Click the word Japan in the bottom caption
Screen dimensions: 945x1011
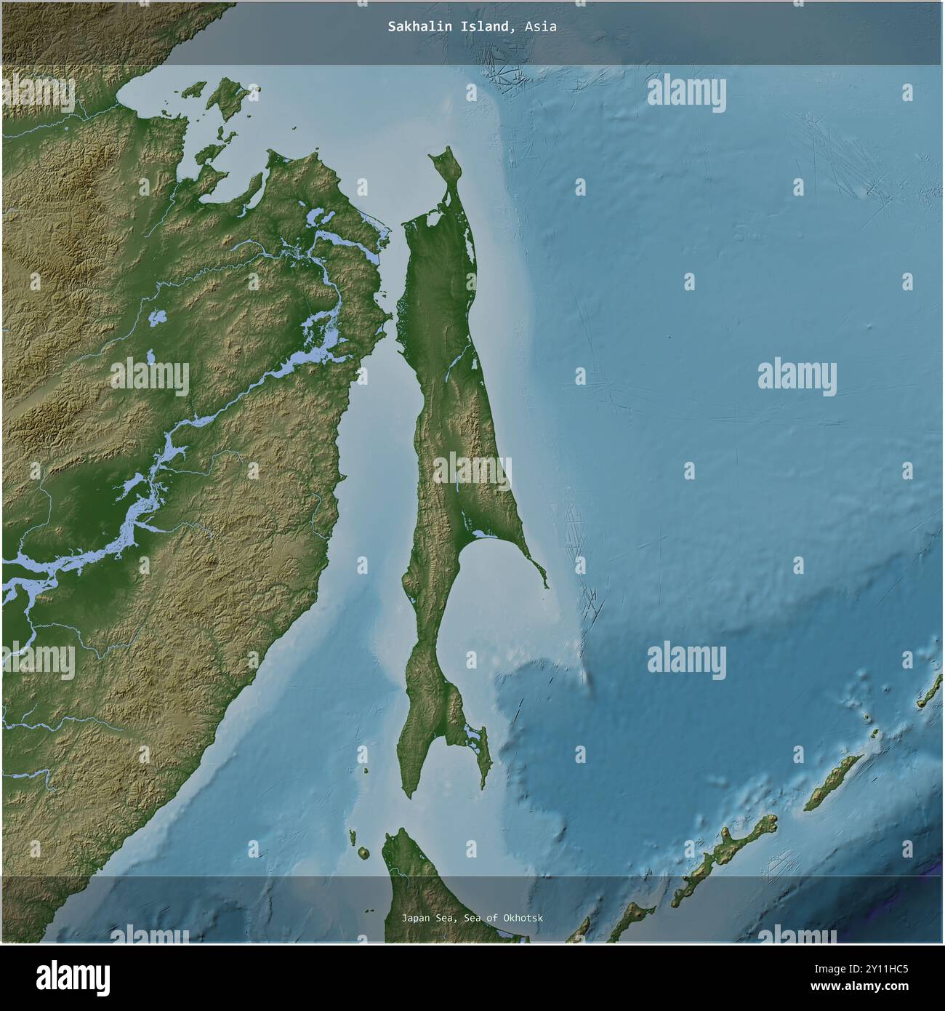[415, 918]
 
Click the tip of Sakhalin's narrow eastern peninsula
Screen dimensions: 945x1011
[546, 586]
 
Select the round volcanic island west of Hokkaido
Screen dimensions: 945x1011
[363, 852]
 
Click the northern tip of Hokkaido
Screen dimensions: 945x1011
[398, 831]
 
